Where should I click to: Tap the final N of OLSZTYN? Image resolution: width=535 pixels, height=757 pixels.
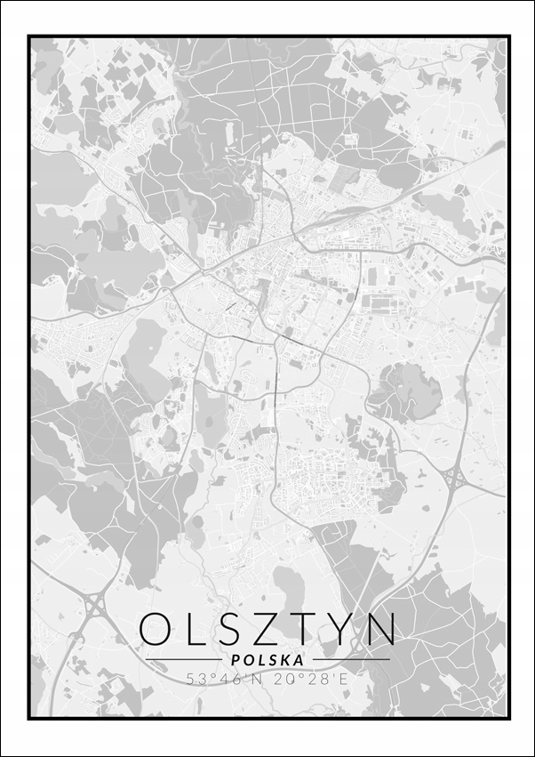tap(380, 630)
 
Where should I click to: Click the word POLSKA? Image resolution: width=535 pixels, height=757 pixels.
tap(267, 660)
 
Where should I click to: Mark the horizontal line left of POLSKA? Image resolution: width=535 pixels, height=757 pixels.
tap(184, 660)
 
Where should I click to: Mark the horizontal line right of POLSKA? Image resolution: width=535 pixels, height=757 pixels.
tap(350, 660)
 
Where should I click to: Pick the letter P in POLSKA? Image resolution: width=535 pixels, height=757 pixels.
tap(235, 660)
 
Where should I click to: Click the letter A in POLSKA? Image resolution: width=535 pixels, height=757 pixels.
tap(298, 660)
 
